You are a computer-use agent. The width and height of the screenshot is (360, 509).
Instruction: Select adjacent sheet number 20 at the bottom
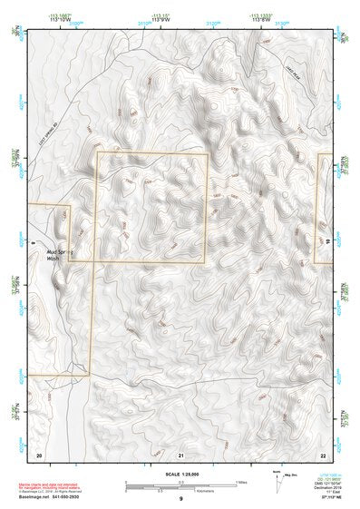[38, 454]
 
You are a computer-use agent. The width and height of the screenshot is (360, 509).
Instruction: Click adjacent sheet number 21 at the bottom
[181, 454]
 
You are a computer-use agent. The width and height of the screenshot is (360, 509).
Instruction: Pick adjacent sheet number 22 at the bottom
[323, 454]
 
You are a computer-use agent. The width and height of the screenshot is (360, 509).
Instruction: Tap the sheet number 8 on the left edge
[32, 242]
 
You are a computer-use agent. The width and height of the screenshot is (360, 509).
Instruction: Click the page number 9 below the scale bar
[180, 498]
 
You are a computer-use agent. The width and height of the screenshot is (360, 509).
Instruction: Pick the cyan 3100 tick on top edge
[77, 21]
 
